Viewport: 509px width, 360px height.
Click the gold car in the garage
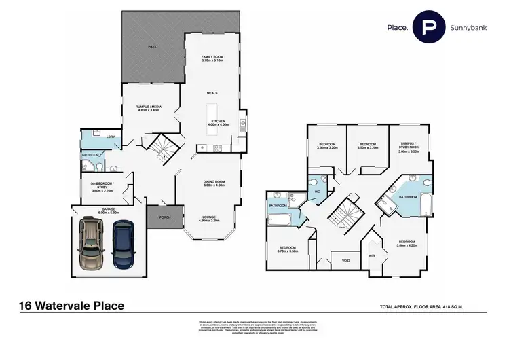pos(92,245)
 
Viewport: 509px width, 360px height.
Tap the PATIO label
pos(153,47)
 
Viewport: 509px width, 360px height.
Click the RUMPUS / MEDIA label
pos(148,108)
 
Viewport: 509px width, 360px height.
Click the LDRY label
pos(111,138)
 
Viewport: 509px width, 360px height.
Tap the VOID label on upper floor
pos(345,260)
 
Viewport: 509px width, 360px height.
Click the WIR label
pos(371,255)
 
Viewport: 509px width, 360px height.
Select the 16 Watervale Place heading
pos(73,306)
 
